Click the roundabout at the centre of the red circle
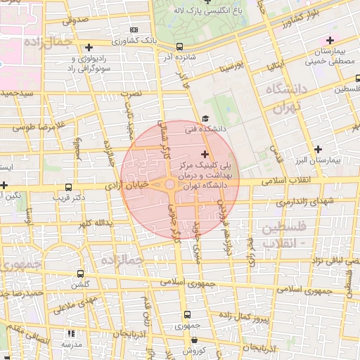click(x=170, y=184)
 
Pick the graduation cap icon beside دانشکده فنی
click(x=205, y=118)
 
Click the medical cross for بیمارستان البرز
click(x=319, y=148)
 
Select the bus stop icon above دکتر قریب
click(x=68, y=187)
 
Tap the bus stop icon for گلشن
click(x=80, y=274)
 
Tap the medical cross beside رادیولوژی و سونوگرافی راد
click(x=89, y=47)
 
